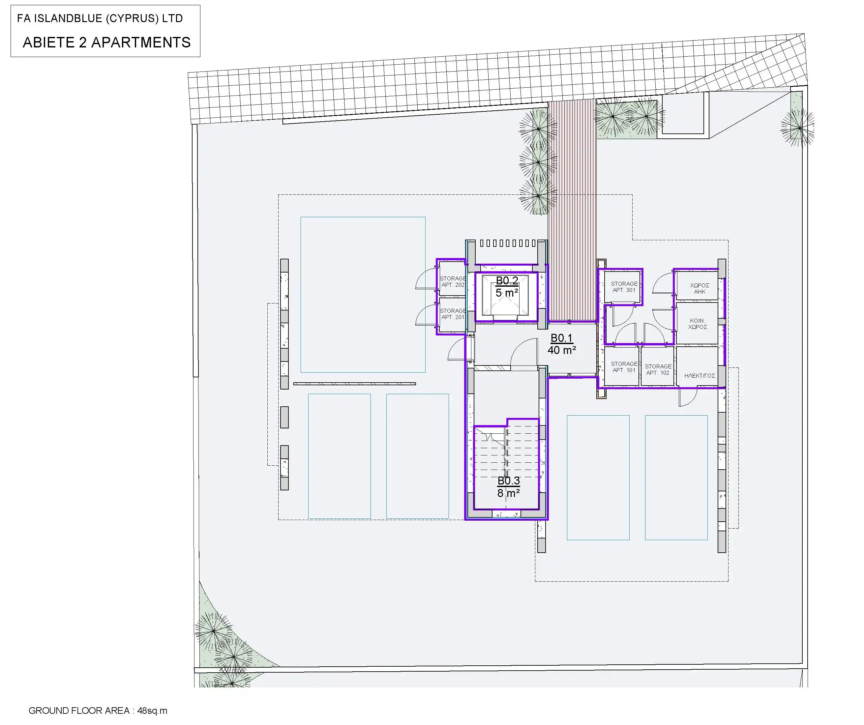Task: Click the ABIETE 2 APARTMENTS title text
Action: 106,43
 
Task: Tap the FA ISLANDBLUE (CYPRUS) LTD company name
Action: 100,18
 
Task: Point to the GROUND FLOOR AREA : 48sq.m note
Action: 98,710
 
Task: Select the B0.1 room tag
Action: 562,338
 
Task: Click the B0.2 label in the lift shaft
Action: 507,281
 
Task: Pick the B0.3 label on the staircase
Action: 509,481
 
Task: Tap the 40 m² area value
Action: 562,350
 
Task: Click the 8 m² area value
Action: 509,493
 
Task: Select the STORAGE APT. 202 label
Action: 453,282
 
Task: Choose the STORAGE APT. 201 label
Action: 453,314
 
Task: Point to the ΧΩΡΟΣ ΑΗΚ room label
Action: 700,289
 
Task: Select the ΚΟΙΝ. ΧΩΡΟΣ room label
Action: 698,324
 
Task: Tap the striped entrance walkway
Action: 572,210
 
